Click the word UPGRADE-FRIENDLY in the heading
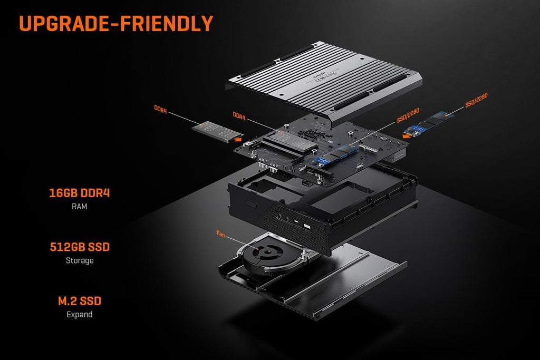(x=116, y=23)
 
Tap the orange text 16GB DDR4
(x=79, y=193)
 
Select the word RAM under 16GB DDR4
(x=79, y=207)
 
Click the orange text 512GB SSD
(x=79, y=247)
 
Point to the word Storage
(x=79, y=260)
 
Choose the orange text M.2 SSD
(x=79, y=301)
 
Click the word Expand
(x=79, y=315)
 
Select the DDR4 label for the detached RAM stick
(x=161, y=109)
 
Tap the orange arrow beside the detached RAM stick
(x=238, y=140)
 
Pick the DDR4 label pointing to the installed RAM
(x=239, y=115)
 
